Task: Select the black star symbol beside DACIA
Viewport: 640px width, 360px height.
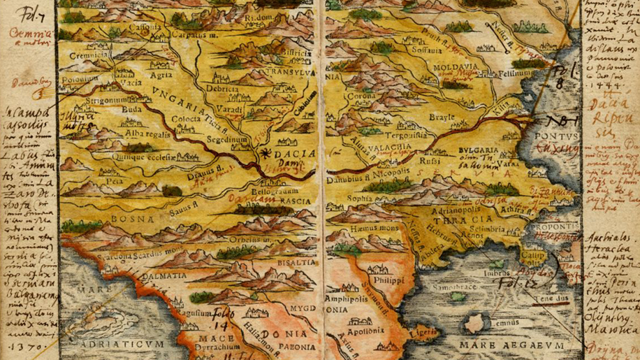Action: click(x=267, y=152)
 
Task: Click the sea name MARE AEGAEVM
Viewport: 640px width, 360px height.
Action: click(x=511, y=345)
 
